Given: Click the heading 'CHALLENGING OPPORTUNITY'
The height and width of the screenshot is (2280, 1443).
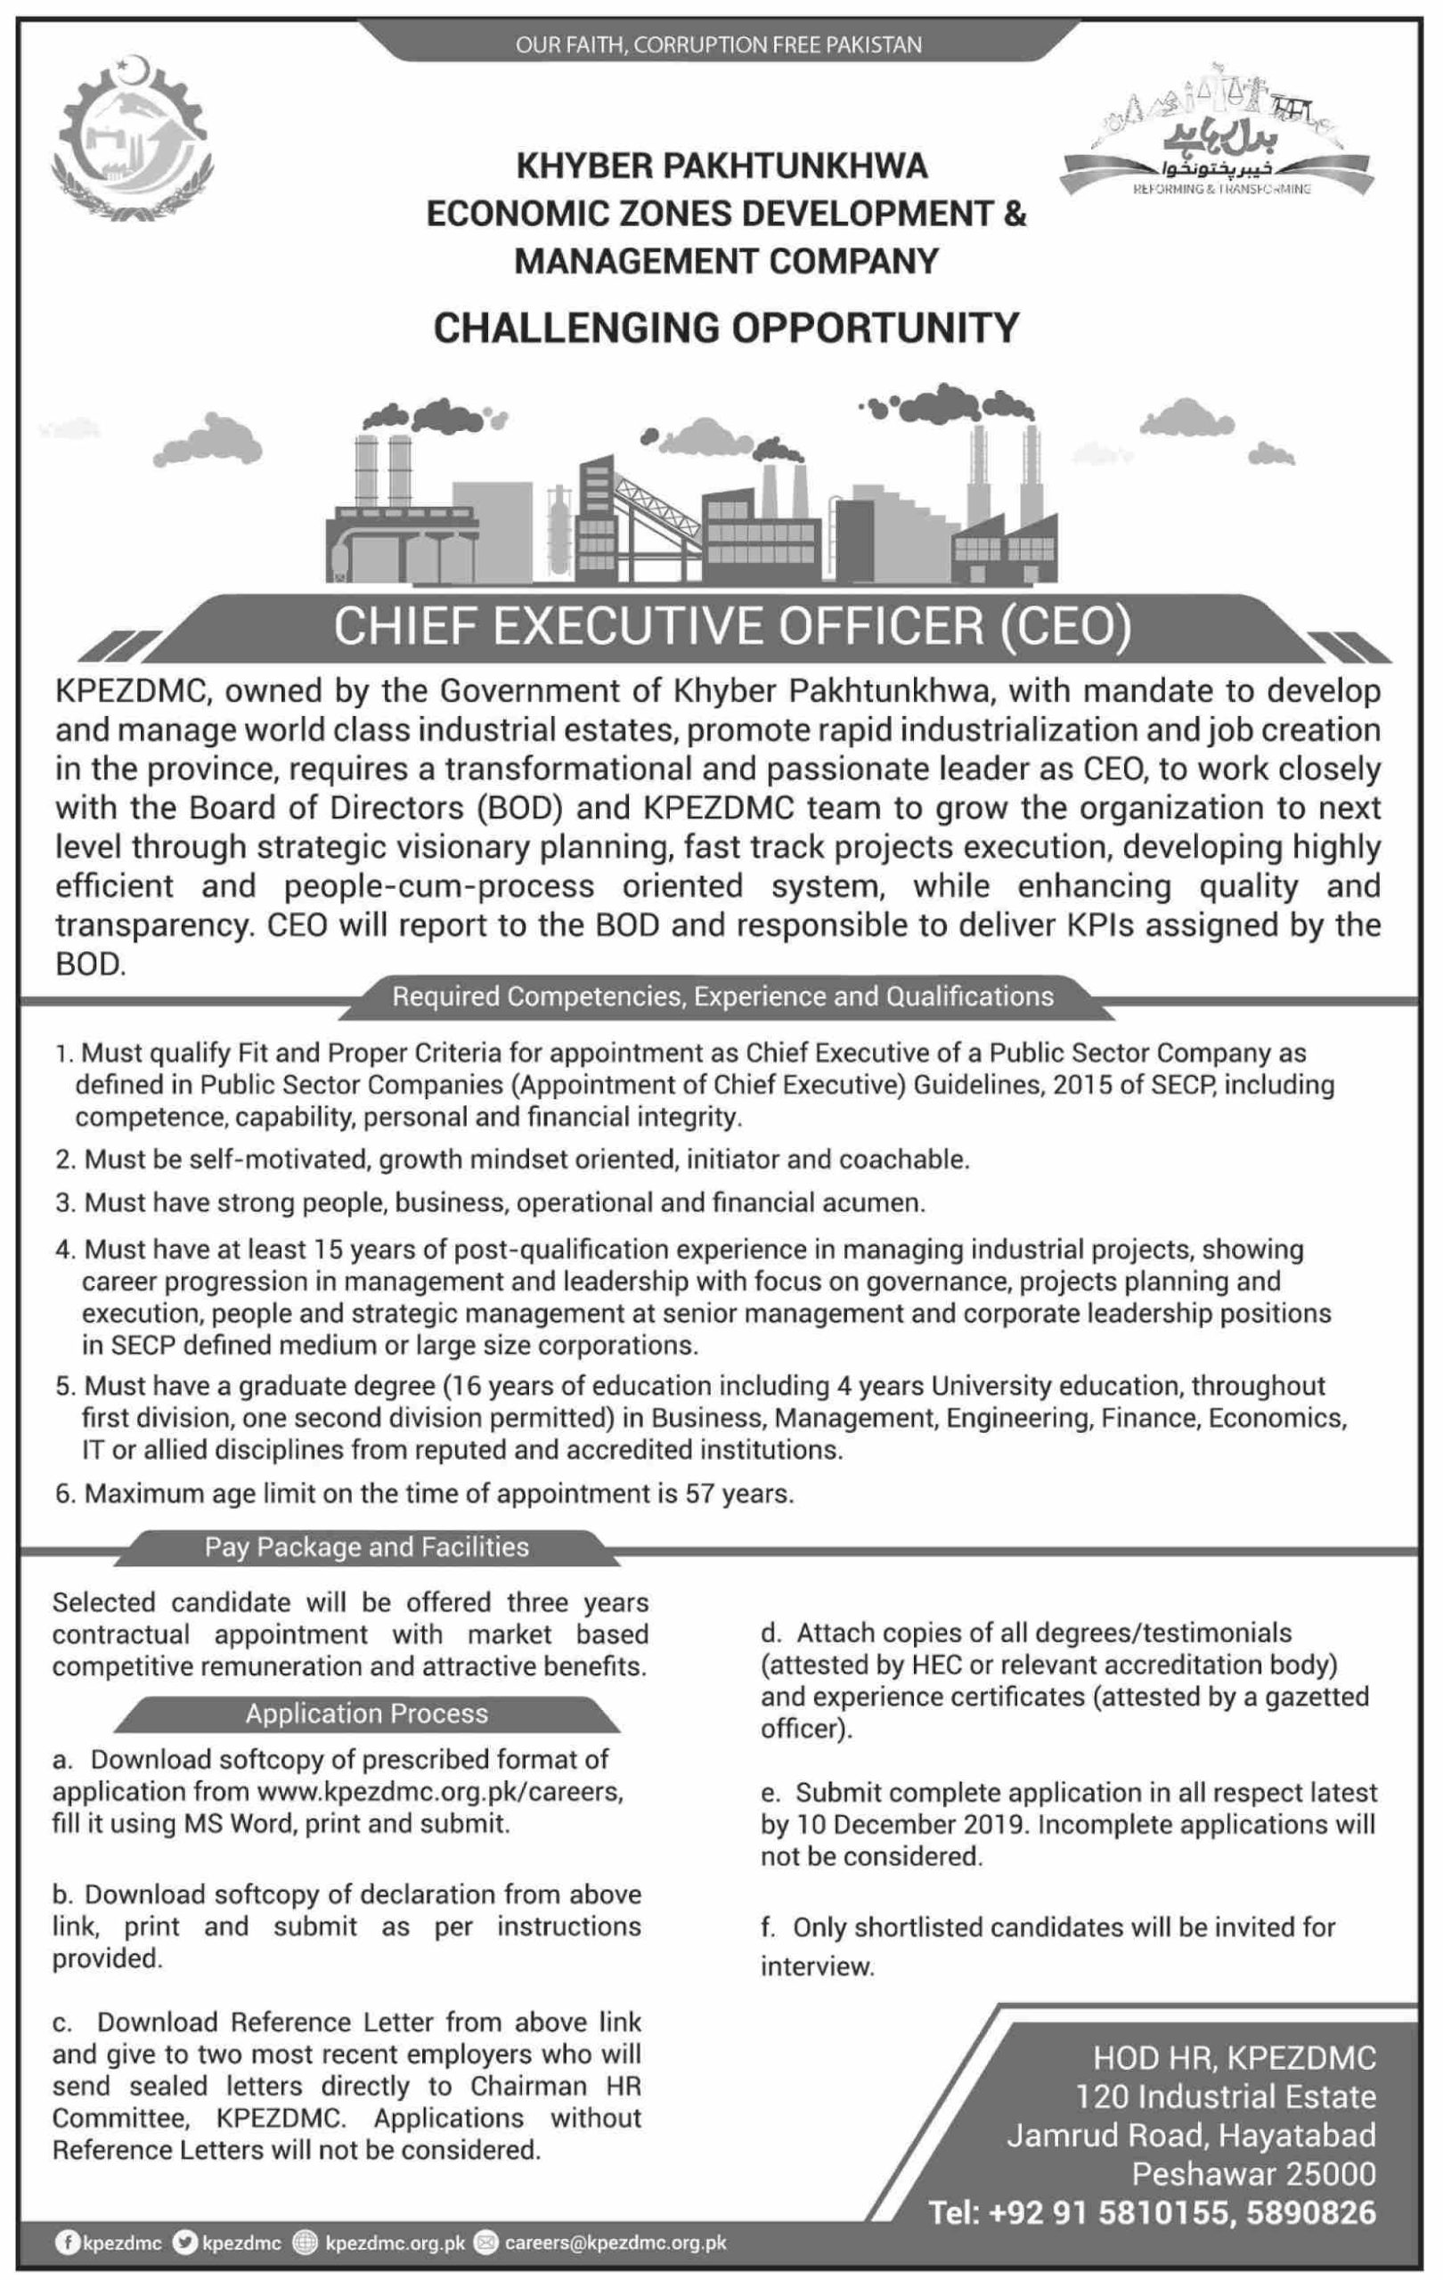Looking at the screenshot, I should tap(726, 327).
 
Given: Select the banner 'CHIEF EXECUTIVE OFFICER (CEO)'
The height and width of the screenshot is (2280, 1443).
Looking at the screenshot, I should tap(732, 629).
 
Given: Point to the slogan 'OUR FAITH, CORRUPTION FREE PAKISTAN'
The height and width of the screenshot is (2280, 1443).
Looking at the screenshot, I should tap(719, 45).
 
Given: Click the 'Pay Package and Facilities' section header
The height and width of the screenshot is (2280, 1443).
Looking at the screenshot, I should tap(366, 1546).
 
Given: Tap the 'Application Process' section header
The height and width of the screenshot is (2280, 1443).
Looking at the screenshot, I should tap(366, 1713).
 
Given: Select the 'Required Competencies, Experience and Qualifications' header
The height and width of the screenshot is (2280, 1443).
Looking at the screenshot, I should tap(722, 996).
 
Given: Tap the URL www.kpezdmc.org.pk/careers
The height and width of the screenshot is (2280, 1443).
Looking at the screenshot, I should tap(439, 1791).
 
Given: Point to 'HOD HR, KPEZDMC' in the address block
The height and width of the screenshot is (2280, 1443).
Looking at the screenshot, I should tap(1234, 2057).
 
